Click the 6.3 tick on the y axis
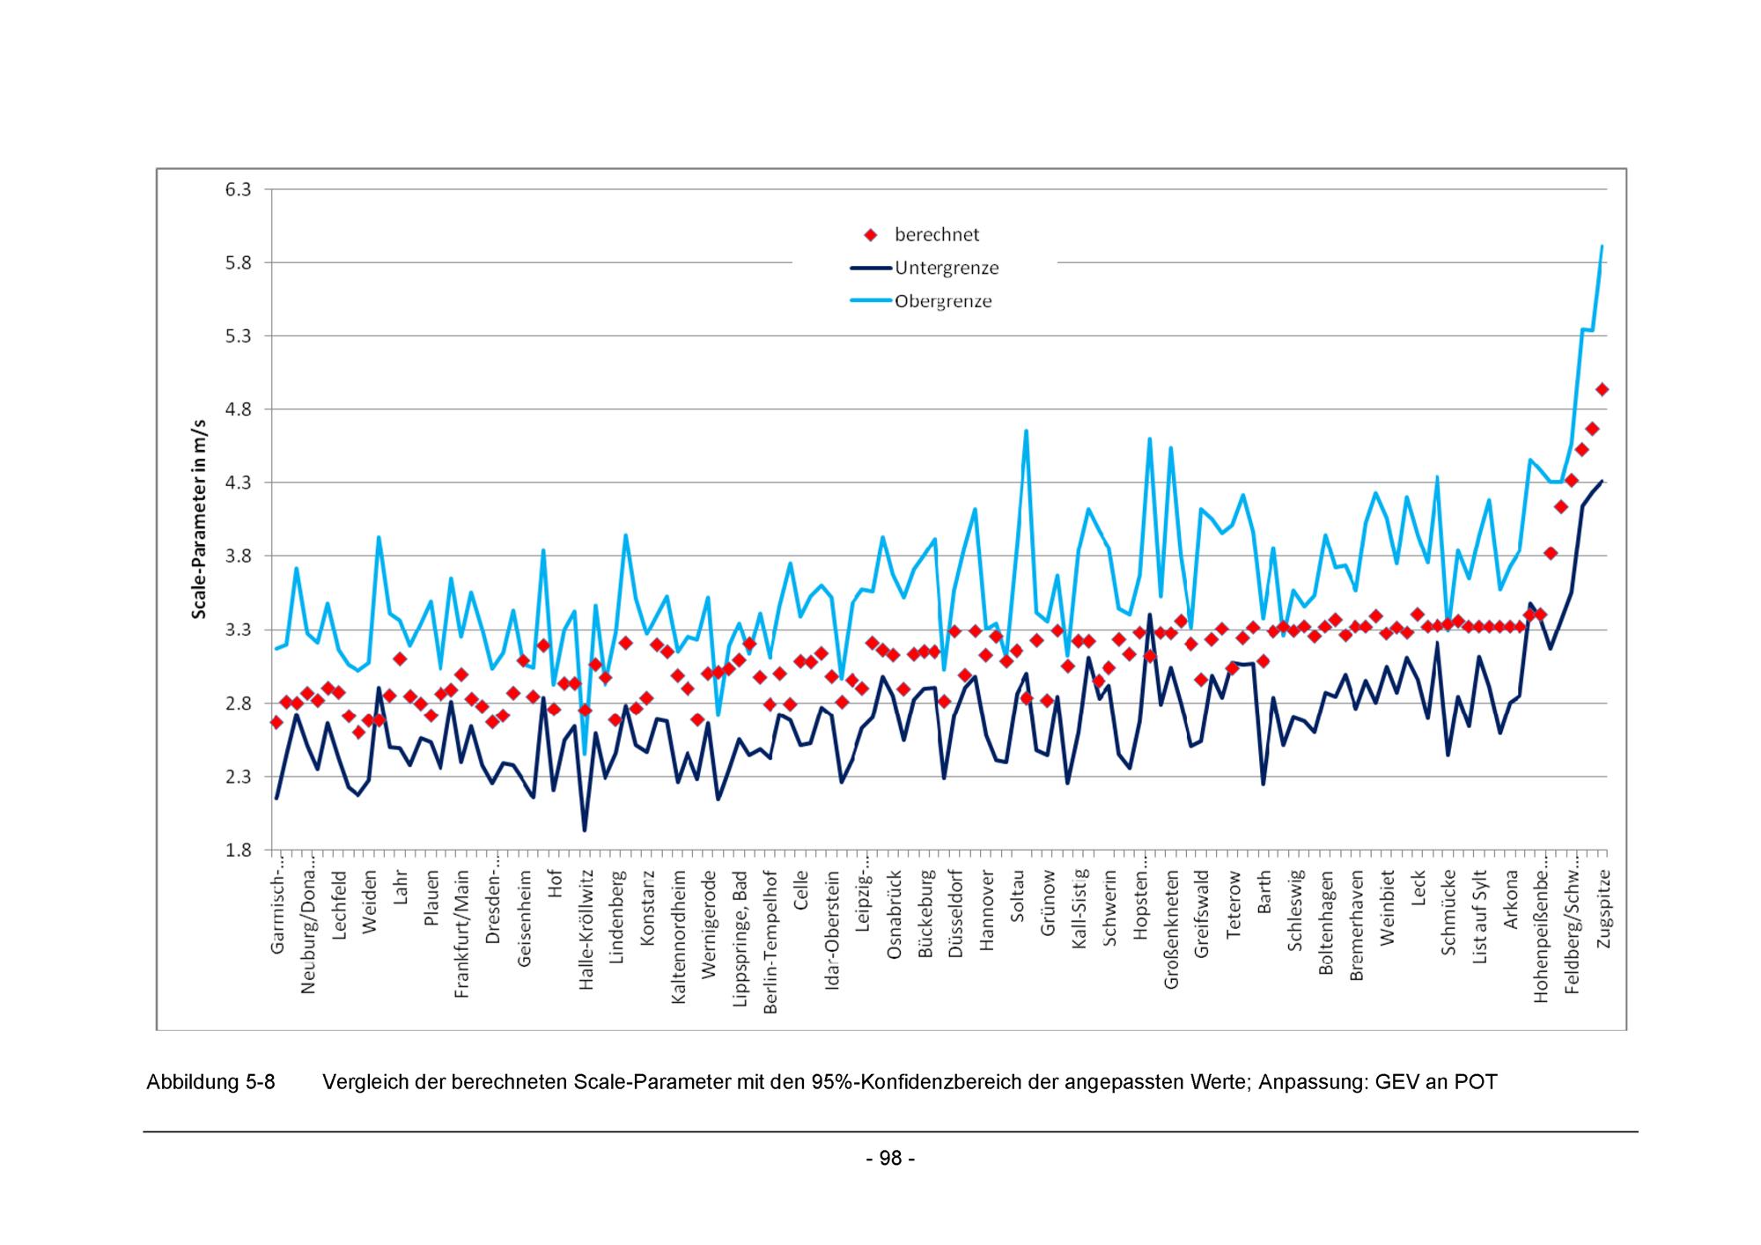coord(239,189)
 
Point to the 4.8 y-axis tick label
coord(239,409)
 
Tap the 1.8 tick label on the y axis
coord(239,851)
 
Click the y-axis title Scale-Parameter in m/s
coord(200,519)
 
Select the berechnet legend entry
coord(936,234)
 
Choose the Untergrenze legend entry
coord(946,268)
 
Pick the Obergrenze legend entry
coord(942,301)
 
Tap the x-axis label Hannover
coord(986,911)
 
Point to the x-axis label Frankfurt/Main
coord(462,934)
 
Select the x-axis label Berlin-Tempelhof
coord(770,942)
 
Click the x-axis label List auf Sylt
coord(1479,917)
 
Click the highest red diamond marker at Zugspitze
coord(1603,389)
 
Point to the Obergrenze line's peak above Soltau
coord(1027,431)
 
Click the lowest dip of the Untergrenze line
coord(584,830)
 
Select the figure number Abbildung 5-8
coord(210,1082)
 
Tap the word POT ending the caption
coord(1475,1082)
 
